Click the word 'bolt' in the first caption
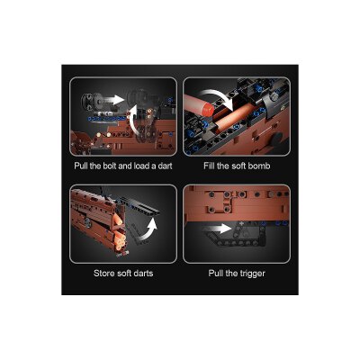(x=110, y=166)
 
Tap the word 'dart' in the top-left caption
(x=165, y=166)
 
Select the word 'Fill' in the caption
(x=209, y=166)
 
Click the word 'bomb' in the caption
(x=259, y=166)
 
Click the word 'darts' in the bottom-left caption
(x=142, y=274)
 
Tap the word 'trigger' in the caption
(x=252, y=274)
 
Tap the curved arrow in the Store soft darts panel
(x=147, y=230)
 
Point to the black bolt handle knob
(x=90, y=101)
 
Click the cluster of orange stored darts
(x=118, y=233)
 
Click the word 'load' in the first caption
(x=142, y=166)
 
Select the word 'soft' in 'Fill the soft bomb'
(x=239, y=166)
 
